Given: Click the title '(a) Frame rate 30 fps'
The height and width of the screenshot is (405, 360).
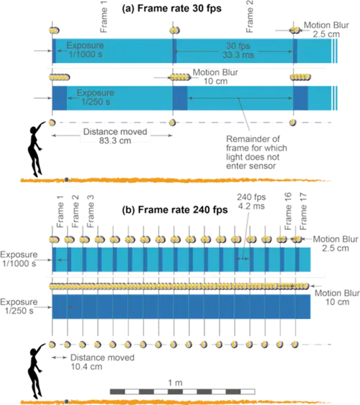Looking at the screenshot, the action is pos(171,9).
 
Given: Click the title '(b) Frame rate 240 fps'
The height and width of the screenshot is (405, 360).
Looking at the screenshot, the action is pos(175,209).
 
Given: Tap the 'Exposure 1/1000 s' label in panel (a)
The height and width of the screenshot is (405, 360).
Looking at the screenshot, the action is pos(85,49).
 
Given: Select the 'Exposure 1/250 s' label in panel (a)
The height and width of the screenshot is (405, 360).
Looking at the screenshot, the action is pos(95,97).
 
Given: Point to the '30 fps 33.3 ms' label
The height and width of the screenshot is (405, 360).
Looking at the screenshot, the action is pos(238,50).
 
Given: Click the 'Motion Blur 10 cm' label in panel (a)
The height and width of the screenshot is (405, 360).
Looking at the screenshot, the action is pos(215,77).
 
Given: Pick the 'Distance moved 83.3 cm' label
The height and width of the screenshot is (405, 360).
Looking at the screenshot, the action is pos(115,136).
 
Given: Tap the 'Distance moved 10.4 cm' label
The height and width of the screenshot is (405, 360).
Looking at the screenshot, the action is pos(103,362).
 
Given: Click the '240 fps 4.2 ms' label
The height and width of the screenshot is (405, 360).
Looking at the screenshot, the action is pos(251,201).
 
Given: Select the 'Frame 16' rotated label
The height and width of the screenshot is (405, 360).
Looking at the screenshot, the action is pos(288,211).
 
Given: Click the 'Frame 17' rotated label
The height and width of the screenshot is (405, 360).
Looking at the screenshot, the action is pos(303,211).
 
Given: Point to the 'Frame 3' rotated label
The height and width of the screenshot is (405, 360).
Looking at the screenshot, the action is pos(90,211).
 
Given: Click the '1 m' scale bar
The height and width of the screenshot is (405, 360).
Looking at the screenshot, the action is pos(182,391).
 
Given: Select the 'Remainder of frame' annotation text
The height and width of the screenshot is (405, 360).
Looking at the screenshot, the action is pos(256,153).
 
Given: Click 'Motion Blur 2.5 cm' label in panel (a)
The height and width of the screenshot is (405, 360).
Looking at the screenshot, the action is pos(326,29).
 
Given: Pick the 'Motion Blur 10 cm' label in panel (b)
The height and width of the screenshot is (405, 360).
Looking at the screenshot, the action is pos(337,297).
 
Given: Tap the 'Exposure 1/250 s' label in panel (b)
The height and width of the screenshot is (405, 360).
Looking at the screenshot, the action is pos(19,306).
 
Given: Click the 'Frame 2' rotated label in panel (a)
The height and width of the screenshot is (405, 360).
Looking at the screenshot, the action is pos(250,16).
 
